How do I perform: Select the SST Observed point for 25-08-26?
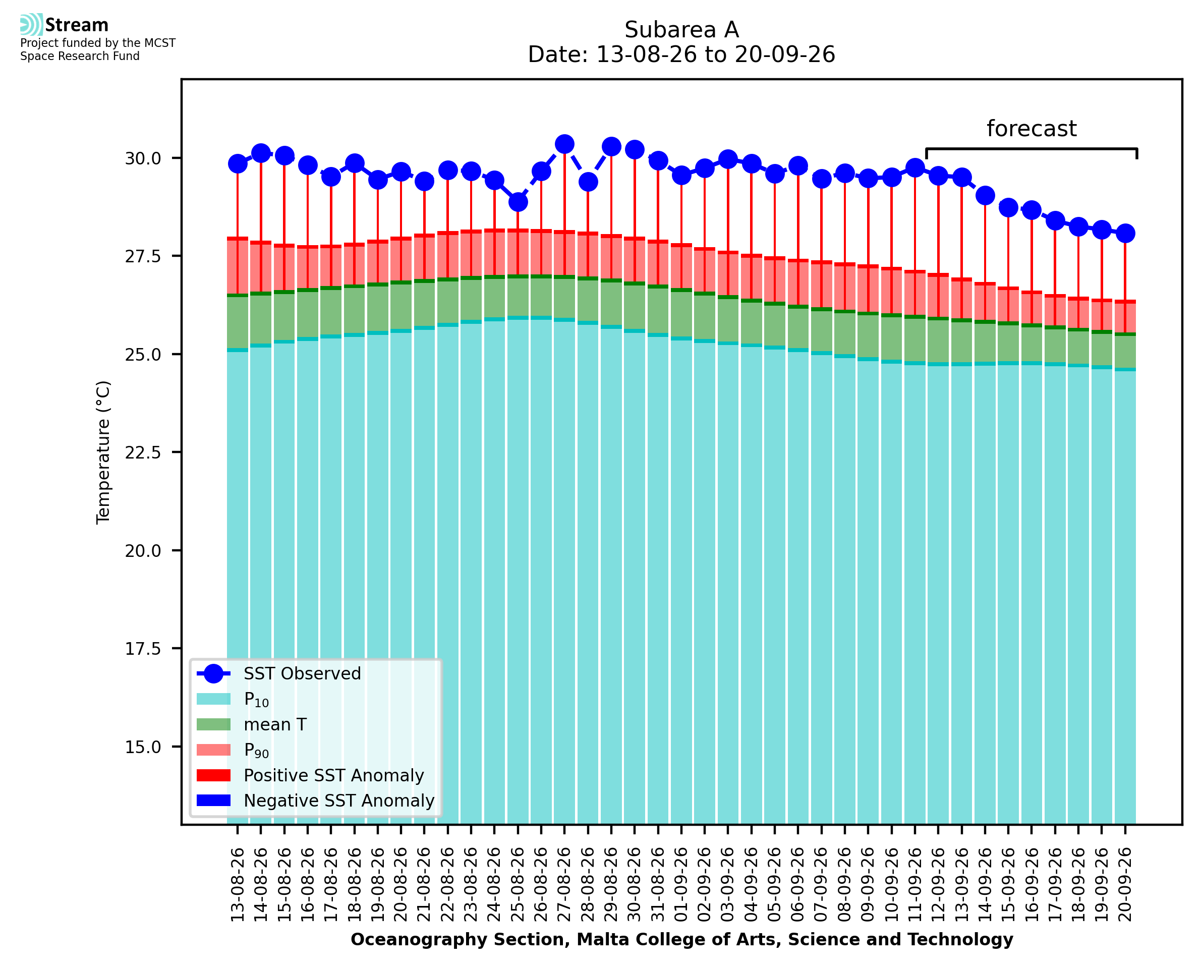pos(518,202)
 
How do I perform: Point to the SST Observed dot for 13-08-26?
pos(238,163)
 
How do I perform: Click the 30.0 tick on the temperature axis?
pos(143,158)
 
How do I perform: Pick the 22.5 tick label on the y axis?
pos(143,452)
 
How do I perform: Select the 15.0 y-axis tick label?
pos(143,747)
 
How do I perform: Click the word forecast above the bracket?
pos(1031,129)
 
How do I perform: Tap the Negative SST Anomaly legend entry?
pos(315,801)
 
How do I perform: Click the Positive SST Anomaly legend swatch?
pos(214,775)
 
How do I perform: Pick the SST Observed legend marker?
pos(214,674)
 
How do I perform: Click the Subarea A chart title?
pos(681,30)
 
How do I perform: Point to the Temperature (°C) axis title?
pos(104,452)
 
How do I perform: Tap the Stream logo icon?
pos(31,25)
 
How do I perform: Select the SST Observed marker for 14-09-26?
pos(985,195)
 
